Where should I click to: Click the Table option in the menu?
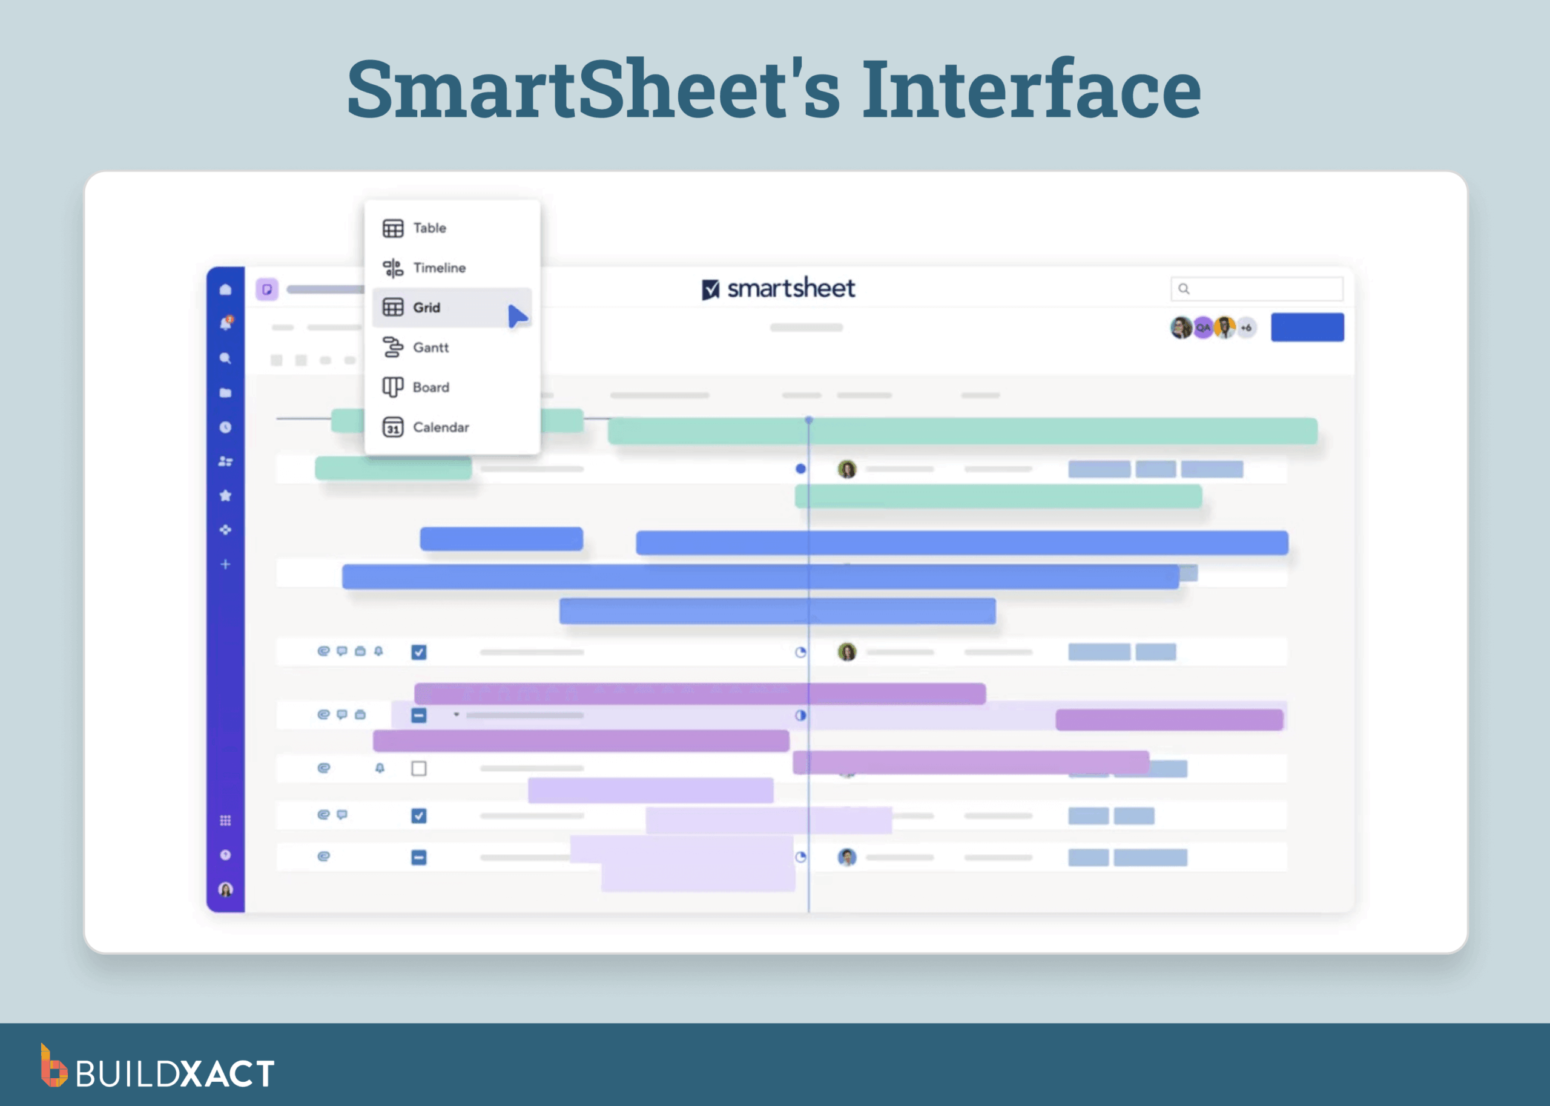pos(429,228)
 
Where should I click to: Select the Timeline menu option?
pos(438,268)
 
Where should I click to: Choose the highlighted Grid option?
pos(426,308)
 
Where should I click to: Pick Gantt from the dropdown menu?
pos(430,347)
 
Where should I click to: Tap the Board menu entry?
pos(430,387)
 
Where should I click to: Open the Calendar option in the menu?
pos(440,427)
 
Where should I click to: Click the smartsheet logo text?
pos(790,289)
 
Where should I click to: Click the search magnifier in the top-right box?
pos(1184,289)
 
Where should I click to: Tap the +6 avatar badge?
pos(1246,328)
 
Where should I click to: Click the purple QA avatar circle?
pos(1203,328)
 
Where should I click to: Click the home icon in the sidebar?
pos(225,289)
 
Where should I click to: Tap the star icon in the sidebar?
pos(225,495)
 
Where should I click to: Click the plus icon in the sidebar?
pos(225,564)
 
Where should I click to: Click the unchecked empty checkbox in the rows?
pos(419,768)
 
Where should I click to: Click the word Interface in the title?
pos(1031,89)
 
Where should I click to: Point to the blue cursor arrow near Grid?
pos(517,316)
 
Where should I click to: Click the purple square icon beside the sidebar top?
pos(267,289)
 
